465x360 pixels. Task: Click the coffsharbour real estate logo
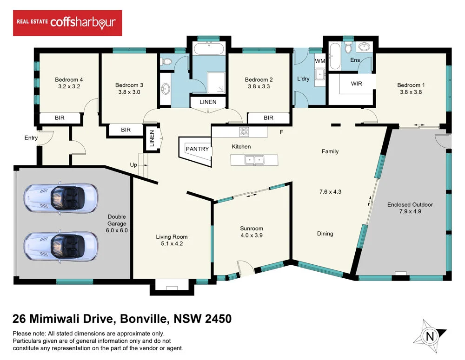coord(67,23)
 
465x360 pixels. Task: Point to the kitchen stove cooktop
coord(245,132)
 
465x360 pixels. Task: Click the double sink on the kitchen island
coord(254,160)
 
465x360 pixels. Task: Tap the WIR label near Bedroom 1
coord(356,84)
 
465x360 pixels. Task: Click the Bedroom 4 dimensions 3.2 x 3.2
coord(69,86)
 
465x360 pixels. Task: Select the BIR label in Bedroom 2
coord(268,118)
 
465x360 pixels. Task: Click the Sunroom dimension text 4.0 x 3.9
coord(252,236)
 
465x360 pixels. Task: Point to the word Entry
coord(31,138)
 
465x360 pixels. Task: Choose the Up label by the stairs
coord(133,165)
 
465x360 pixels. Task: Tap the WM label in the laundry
coord(319,61)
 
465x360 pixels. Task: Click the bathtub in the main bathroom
coord(209,49)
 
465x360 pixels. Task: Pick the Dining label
coord(325,234)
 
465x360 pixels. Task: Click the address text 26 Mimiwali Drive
coord(63,319)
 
